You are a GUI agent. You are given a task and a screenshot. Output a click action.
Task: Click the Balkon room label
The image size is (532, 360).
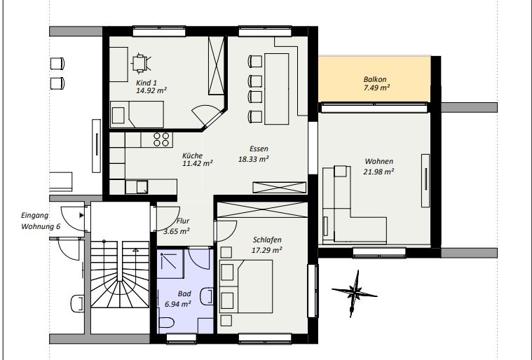(x=375, y=80)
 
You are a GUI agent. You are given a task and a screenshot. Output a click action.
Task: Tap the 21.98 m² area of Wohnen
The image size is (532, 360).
(x=378, y=172)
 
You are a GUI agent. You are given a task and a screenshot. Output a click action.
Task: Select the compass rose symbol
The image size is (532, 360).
(x=354, y=293)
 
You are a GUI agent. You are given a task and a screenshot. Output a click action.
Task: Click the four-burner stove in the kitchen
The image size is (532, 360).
(x=161, y=139)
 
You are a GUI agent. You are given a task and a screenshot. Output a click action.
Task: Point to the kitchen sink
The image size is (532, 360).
(x=142, y=187)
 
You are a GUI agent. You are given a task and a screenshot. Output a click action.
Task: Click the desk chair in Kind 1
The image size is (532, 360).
(x=140, y=64)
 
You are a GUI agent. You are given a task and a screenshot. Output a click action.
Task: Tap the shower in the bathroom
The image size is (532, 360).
(x=170, y=264)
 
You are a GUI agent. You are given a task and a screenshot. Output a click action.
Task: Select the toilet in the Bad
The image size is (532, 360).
(x=167, y=322)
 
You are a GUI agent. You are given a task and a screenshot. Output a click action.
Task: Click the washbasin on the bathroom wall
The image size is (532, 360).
(x=207, y=296)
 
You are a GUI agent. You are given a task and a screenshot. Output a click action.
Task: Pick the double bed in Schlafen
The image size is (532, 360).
(x=246, y=286)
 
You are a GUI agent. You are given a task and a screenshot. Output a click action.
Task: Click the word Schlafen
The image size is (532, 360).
(x=267, y=240)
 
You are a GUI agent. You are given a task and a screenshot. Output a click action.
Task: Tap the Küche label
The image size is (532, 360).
(x=192, y=155)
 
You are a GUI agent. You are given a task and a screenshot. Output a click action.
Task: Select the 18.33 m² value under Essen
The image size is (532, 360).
(x=254, y=159)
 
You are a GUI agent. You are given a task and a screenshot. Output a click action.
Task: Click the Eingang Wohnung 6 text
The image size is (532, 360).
(x=41, y=221)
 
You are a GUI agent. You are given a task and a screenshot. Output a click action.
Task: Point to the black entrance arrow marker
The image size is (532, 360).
(x=81, y=215)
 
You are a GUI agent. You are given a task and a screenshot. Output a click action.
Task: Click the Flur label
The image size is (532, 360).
(x=183, y=221)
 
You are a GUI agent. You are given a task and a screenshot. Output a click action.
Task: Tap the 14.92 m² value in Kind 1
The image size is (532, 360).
(x=151, y=90)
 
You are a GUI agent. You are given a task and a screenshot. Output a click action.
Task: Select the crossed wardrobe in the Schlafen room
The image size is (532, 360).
(x=262, y=209)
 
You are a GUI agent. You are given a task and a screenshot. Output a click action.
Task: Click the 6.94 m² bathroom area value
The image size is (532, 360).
(x=177, y=304)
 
